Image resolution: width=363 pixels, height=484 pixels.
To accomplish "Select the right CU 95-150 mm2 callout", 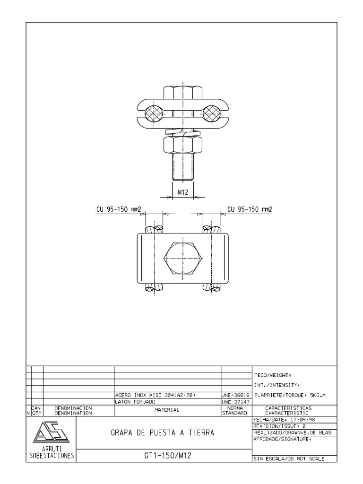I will (x=250, y=209).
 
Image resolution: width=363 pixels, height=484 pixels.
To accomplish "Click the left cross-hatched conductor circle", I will (x=155, y=112).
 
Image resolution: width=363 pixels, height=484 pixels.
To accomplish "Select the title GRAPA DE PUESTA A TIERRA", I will (x=162, y=432).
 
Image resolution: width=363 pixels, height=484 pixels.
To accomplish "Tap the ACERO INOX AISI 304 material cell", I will (x=156, y=395).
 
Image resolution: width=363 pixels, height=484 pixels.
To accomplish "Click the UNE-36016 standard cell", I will (x=235, y=395).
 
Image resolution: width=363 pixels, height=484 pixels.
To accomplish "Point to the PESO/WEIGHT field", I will (x=274, y=375).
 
